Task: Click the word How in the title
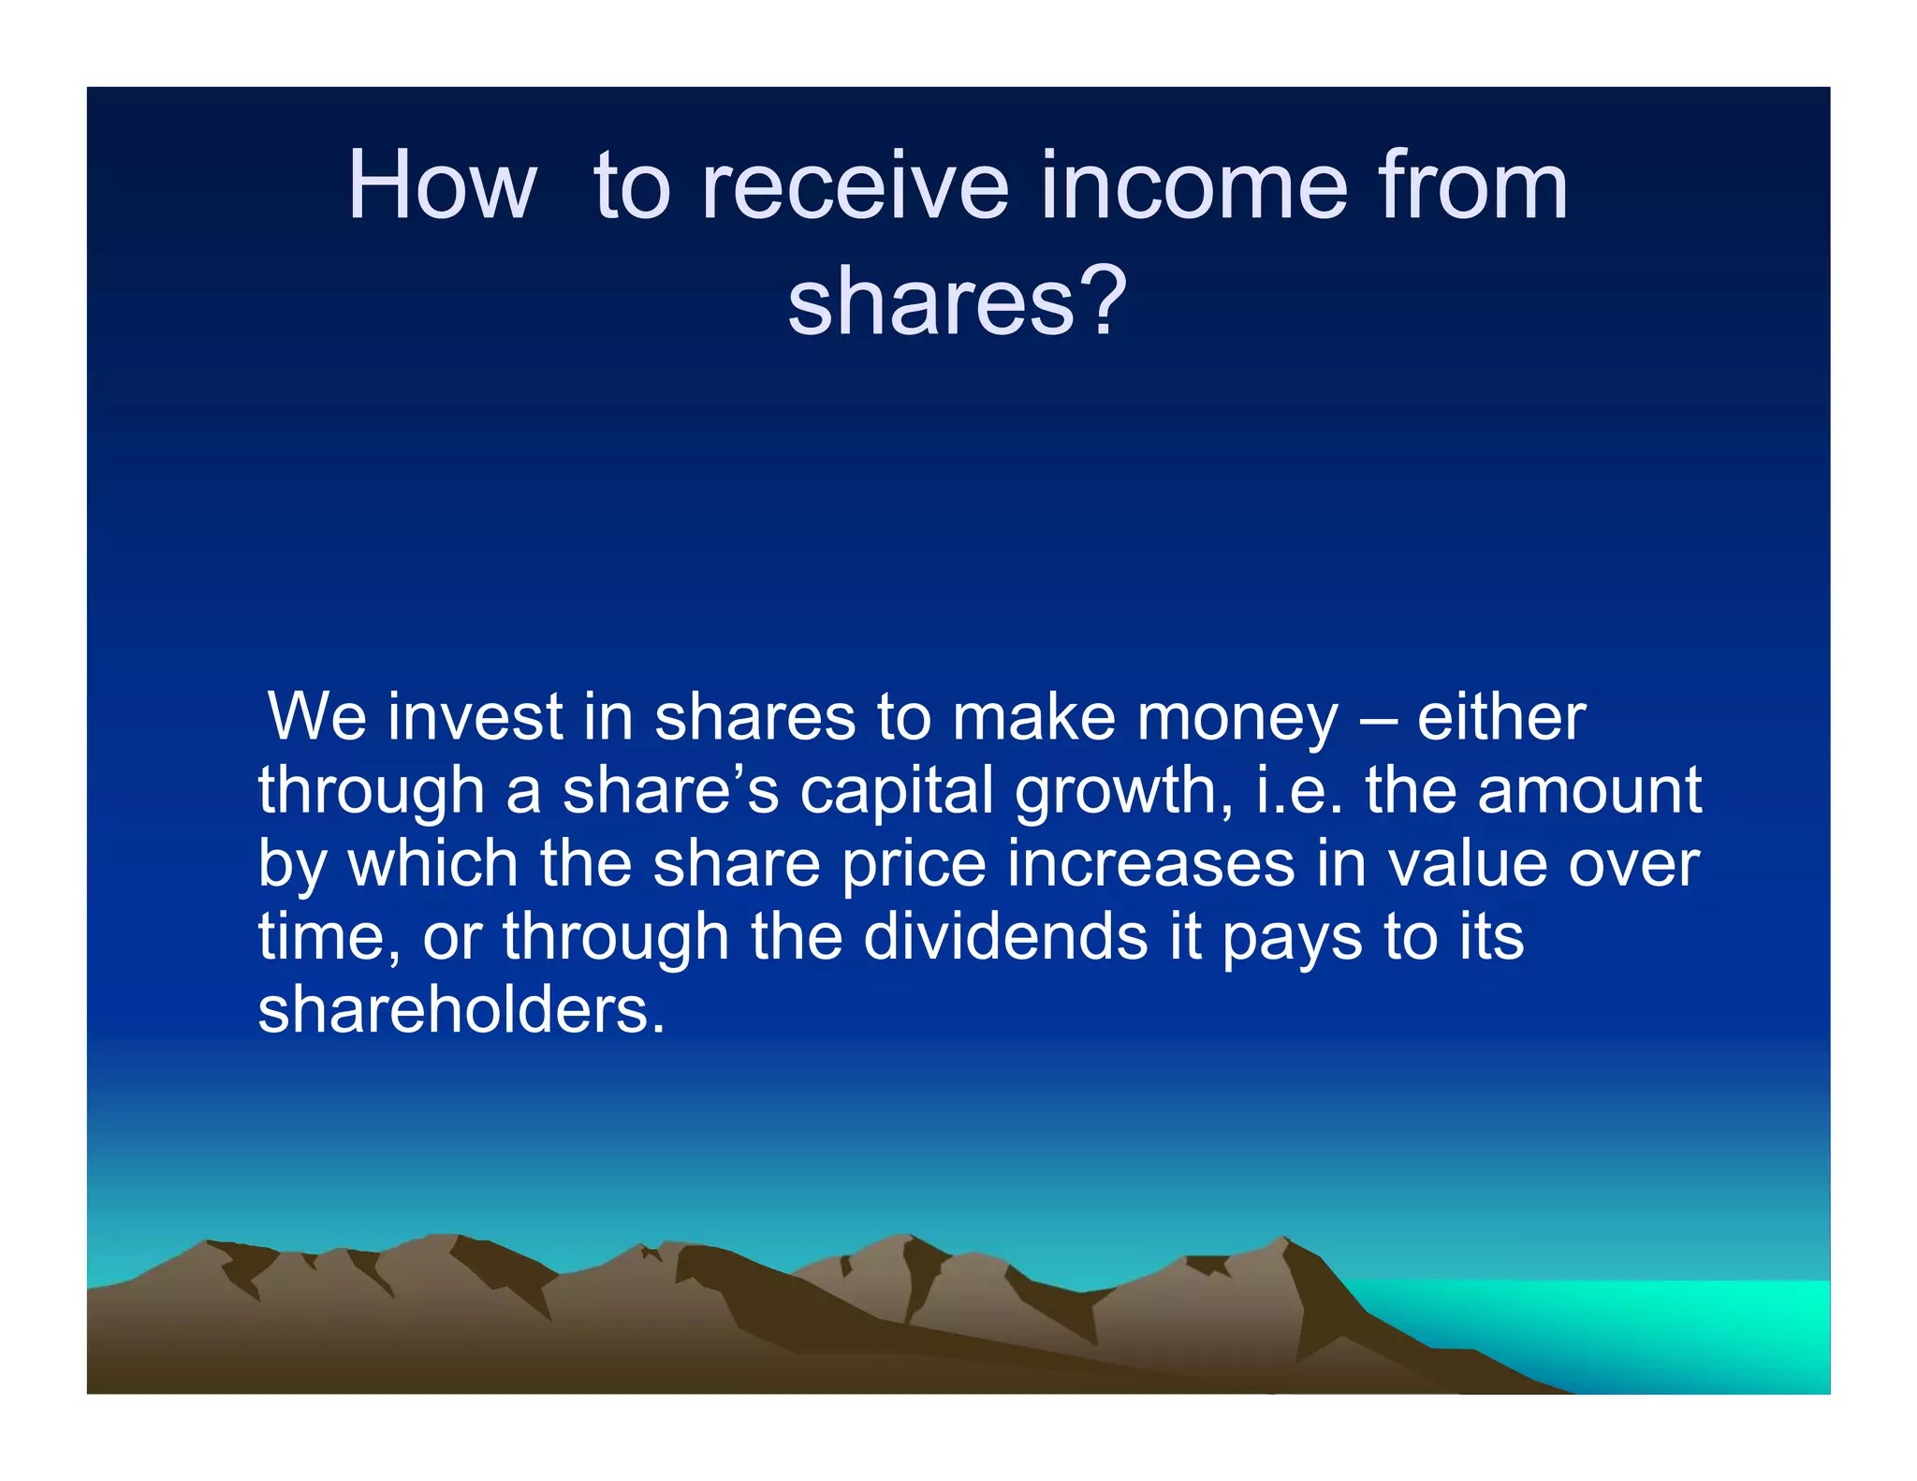[x=442, y=186]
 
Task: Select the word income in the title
[x=1193, y=186]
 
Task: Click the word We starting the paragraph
[x=316, y=717]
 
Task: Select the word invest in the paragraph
[x=475, y=717]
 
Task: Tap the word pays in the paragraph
[x=1293, y=938]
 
